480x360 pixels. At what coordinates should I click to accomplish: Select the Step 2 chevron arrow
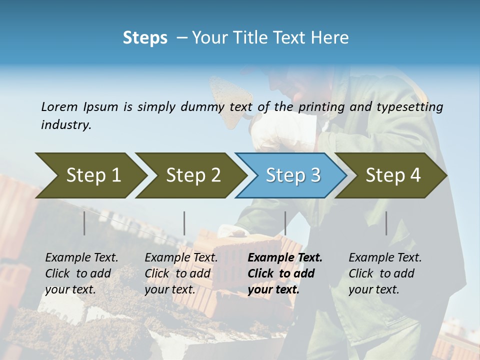(x=192, y=175)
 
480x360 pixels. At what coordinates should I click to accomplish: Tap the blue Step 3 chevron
(x=292, y=175)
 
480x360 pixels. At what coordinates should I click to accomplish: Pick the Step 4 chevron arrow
(x=392, y=175)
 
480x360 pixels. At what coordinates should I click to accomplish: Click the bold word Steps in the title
(x=145, y=38)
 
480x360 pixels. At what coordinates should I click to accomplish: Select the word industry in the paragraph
(x=66, y=124)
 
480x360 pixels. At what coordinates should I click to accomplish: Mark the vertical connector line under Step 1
(x=84, y=223)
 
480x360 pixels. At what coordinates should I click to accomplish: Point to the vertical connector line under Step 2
(x=184, y=223)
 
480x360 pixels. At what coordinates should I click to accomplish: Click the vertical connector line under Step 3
(x=285, y=223)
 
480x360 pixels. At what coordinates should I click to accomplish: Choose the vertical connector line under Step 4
(x=386, y=223)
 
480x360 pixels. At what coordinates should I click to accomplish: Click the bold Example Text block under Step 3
(x=285, y=273)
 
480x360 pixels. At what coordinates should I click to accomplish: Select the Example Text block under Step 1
(x=81, y=273)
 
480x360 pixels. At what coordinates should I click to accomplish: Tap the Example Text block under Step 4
(x=385, y=273)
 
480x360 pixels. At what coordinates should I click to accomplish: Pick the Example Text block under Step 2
(x=181, y=273)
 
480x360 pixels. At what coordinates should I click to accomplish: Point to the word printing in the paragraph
(x=321, y=106)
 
